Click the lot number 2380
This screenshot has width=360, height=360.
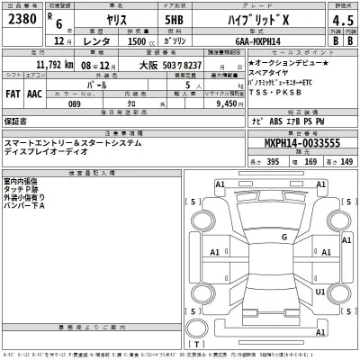[22, 19]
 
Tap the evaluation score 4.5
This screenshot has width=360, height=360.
[342, 20]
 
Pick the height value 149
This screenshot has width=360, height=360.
[346, 161]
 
